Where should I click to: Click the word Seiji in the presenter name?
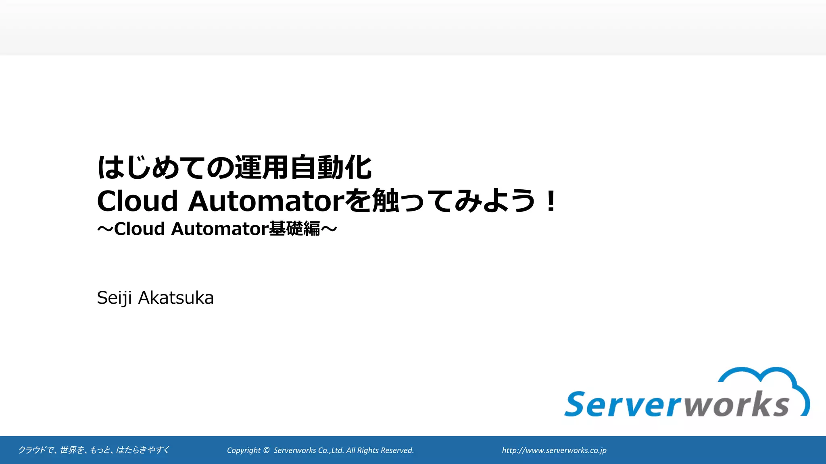coord(114,298)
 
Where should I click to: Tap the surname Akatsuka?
coord(176,298)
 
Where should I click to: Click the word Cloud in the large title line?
coord(137,201)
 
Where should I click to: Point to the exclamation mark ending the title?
coord(550,201)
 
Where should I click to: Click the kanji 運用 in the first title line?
coord(262,168)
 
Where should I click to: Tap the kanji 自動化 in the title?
coord(331,168)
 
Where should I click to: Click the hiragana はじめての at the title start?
coord(165,168)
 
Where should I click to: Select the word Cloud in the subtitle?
coord(140,229)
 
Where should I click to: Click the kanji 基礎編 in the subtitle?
coord(294,229)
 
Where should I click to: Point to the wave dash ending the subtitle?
coord(329,229)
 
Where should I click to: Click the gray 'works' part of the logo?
coord(736,404)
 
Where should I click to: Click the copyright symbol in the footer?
coord(266,450)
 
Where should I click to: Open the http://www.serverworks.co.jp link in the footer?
coord(554,450)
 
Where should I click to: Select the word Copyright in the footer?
coord(244,450)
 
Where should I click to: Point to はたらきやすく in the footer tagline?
coord(143,450)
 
